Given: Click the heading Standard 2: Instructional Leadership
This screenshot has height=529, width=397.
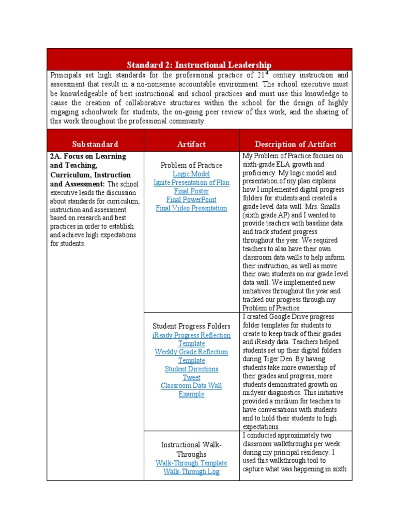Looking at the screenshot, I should click(199, 65).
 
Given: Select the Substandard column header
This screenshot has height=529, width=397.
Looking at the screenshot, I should click(95, 144).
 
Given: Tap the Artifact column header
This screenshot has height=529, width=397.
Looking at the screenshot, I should click(191, 144).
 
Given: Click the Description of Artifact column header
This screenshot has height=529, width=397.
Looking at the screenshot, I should click(295, 144).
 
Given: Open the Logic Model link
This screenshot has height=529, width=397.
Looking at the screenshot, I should click(191, 174).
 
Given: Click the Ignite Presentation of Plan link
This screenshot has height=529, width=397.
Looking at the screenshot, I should click(191, 182).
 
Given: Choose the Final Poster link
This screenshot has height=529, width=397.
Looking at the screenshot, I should click(191, 191).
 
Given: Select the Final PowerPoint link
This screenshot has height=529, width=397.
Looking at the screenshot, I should click(191, 199).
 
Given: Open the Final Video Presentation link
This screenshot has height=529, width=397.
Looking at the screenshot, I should click(191, 208).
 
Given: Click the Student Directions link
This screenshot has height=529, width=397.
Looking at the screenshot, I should click(191, 369).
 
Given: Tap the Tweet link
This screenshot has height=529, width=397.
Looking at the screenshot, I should click(191, 378).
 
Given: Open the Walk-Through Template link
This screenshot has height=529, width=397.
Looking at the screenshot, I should click(191, 463).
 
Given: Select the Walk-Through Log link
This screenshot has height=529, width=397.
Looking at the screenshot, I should click(191, 472).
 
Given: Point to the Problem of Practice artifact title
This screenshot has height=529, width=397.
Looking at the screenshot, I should click(191, 165).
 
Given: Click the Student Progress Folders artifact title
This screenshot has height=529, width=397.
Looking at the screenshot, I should click(191, 326).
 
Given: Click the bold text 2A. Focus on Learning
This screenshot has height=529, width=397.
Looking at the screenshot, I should click(88, 157).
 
